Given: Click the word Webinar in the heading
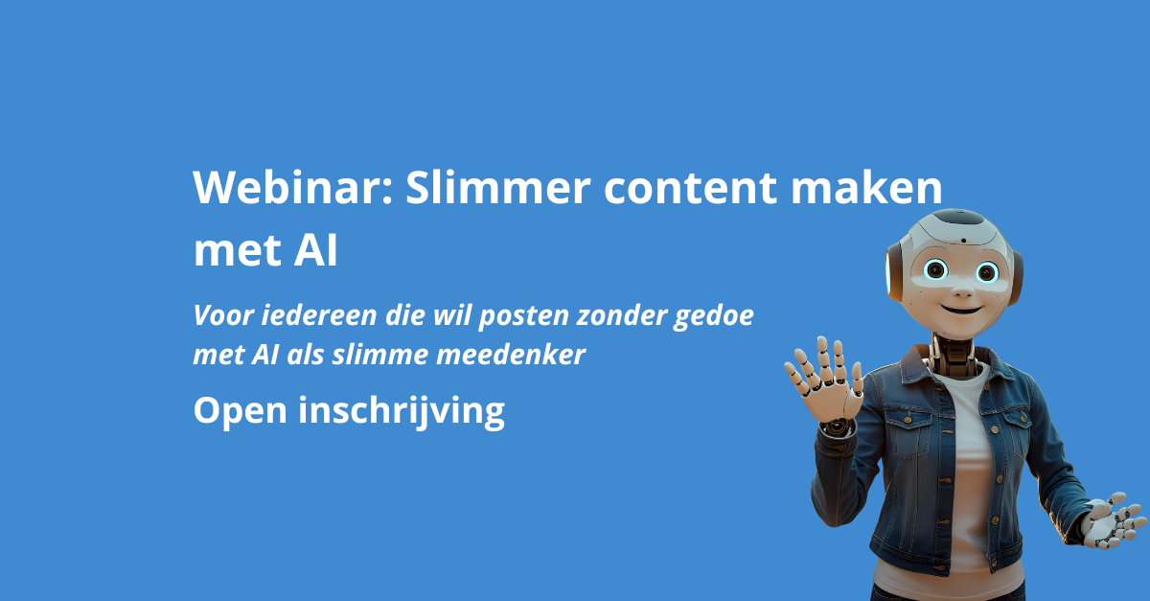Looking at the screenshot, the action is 293,187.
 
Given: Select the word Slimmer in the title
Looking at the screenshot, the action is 498,187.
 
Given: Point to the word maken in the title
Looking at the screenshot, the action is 866,187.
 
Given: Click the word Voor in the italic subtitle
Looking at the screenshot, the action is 224,315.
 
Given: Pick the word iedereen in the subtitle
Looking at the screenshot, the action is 319,315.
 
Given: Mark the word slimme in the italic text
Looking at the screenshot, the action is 380,355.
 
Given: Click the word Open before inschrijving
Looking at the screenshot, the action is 240,411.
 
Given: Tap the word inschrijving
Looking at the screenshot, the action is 402,412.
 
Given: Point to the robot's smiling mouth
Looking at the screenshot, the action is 961,310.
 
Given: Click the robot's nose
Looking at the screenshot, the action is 963,290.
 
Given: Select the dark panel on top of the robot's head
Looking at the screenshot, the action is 959,217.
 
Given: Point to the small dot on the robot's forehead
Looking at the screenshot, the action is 964,241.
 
